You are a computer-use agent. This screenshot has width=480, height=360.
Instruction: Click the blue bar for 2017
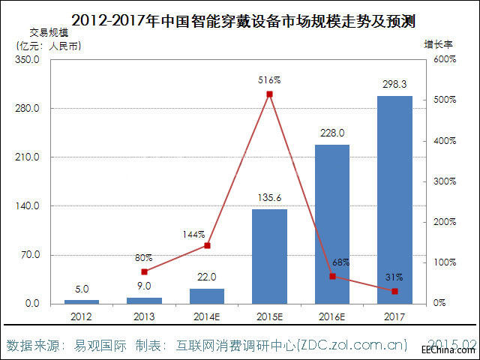pos(394,199)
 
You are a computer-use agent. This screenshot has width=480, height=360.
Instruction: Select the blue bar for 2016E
pos(331,223)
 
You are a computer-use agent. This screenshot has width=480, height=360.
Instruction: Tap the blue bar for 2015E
pos(269,256)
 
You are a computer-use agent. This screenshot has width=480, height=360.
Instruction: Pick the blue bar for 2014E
pos(206,295)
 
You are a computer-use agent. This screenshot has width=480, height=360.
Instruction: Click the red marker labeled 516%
pos(269,94)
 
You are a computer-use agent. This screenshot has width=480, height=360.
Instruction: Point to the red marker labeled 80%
pos(144,271)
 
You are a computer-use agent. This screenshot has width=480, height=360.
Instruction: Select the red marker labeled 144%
pos(207,245)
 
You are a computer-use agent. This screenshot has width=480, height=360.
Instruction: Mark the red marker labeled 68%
pos(331,276)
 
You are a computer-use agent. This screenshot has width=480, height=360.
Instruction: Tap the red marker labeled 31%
pos(394,291)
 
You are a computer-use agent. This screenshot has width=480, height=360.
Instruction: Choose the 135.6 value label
pos(269,198)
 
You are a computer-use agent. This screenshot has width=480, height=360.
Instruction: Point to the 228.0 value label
pos(331,133)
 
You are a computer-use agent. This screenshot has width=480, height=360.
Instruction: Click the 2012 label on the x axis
pos(82,316)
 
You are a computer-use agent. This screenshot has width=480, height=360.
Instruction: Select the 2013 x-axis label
pos(144,316)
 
